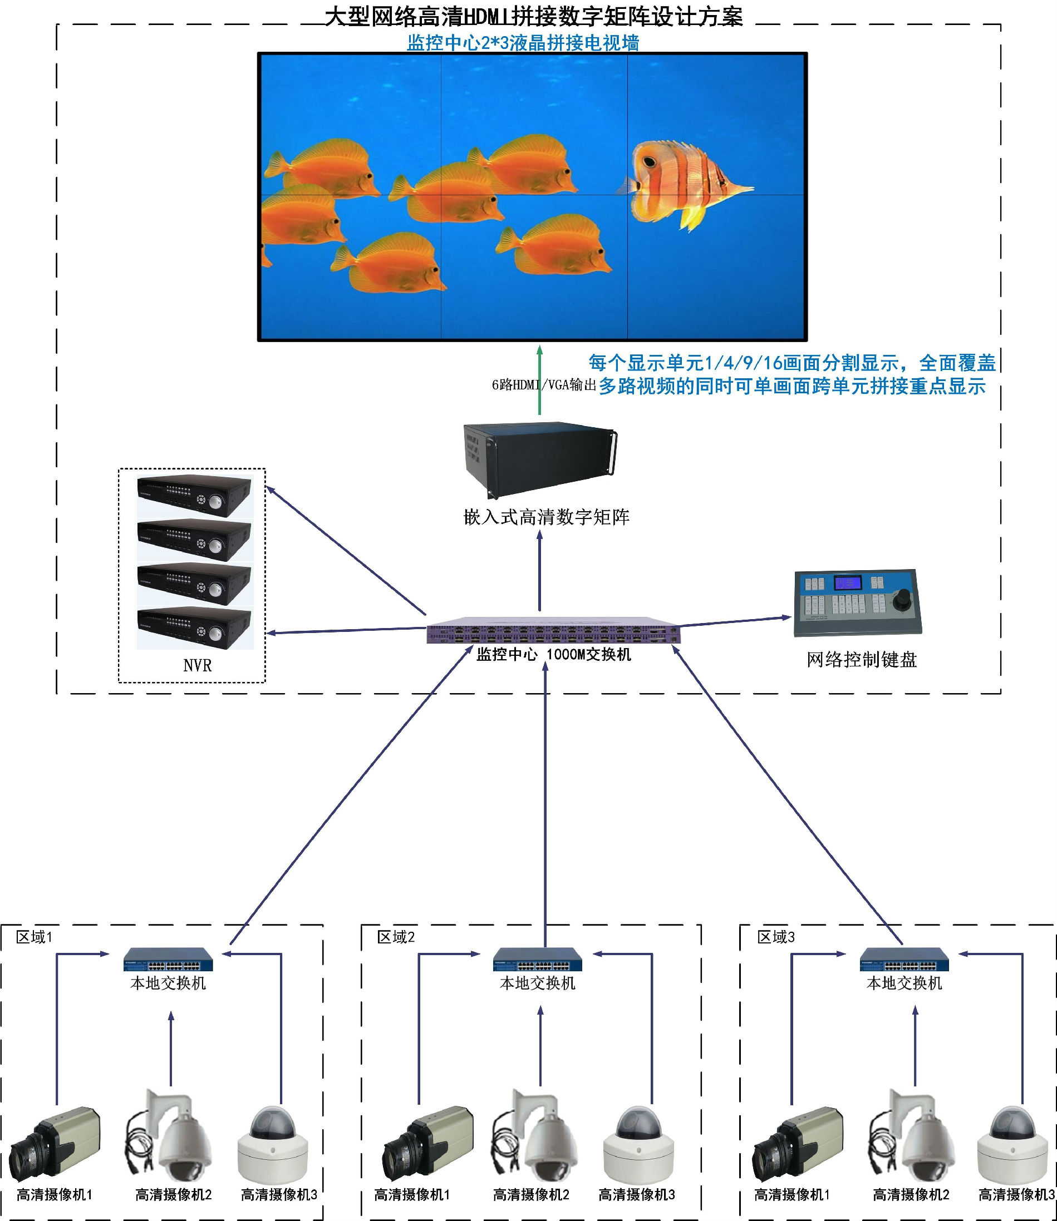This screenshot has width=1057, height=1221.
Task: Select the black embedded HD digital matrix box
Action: click(x=540, y=460)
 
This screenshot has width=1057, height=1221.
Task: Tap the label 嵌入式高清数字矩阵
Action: click(x=546, y=517)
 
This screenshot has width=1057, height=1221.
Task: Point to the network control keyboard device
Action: click(x=857, y=602)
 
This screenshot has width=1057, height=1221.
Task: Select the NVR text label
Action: click(x=197, y=666)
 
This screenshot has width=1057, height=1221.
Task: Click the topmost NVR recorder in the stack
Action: click(x=195, y=495)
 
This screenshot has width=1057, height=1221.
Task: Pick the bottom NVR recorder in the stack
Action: click(x=195, y=628)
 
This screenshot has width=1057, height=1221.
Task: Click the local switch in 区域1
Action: click(x=168, y=960)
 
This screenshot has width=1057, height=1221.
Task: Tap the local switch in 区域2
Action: click(x=537, y=960)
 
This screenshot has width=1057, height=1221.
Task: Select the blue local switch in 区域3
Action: click(x=904, y=960)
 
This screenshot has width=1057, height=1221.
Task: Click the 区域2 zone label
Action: click(x=396, y=937)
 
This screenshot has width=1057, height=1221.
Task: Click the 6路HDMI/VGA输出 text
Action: click(x=544, y=385)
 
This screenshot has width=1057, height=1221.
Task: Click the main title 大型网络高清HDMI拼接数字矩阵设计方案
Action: click(x=533, y=17)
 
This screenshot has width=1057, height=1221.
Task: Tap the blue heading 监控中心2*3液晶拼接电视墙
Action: click(x=523, y=42)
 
